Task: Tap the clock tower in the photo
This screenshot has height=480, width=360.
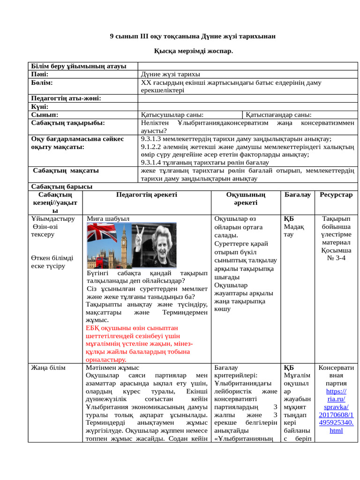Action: coord(124,244)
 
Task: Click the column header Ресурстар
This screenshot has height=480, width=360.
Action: coord(336,195)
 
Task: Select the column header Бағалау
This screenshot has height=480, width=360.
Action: coord(297,195)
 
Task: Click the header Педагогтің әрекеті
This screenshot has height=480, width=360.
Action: coord(146,195)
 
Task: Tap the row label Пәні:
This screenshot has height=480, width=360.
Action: coord(40,74)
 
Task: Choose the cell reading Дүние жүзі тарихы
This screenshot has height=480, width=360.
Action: coord(170,74)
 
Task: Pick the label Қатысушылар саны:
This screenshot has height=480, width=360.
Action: coord(172,114)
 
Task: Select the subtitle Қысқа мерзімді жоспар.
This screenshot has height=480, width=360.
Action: coord(193,50)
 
